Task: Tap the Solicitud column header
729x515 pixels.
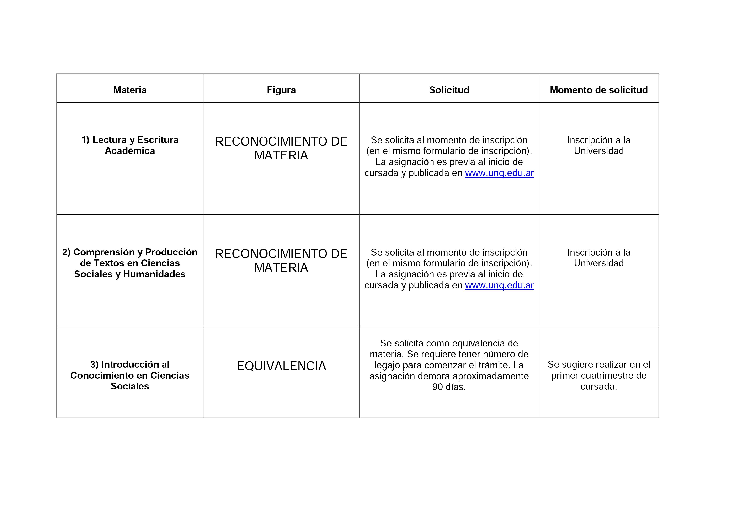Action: pyautogui.click(x=449, y=90)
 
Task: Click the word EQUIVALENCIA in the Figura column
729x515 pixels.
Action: pyautogui.click(x=281, y=366)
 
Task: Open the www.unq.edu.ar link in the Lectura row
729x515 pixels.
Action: pyautogui.click(x=499, y=173)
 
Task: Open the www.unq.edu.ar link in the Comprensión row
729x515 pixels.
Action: pyautogui.click(x=499, y=285)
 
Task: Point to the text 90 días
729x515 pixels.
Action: pyautogui.click(x=449, y=387)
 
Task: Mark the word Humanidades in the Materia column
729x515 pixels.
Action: pyautogui.click(x=154, y=274)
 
